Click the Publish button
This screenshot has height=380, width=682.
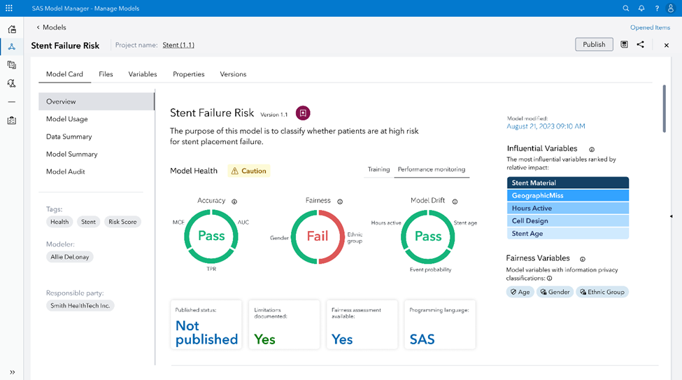594,45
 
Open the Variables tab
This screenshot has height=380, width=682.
143,74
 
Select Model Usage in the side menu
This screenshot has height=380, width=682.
67,119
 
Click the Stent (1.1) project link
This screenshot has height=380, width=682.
178,45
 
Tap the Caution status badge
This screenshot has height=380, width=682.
249,171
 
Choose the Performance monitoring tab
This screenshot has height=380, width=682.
431,169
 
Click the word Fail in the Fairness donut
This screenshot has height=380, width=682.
318,236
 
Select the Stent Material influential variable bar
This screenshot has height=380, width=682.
567,183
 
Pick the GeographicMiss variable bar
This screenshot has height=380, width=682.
567,195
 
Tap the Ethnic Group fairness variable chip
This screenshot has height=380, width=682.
602,292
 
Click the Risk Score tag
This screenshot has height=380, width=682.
122,222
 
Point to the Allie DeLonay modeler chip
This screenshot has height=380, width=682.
70,257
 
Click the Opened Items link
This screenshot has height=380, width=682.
650,28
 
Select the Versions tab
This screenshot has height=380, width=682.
233,74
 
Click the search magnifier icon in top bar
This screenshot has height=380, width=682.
626,8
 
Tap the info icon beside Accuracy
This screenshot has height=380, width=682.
234,202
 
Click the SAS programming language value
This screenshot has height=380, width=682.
422,339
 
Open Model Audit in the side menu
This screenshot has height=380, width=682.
66,171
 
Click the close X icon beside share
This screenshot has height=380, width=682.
666,45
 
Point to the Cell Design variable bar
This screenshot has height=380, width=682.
567,221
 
